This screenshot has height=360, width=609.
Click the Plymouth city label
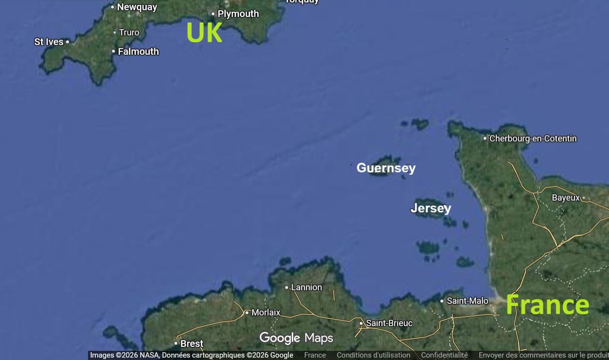(x=238, y=14)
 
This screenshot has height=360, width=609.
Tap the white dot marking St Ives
(x=67, y=42)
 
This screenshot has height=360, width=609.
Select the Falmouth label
(x=138, y=51)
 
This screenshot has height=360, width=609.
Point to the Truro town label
(x=129, y=32)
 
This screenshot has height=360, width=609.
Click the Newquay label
(x=137, y=7)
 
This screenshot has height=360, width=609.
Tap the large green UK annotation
(x=204, y=33)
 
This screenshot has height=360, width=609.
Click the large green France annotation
(x=547, y=305)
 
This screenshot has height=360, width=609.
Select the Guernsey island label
(x=386, y=168)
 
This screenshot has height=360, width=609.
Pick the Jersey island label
(x=431, y=208)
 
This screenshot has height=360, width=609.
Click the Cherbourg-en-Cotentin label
(x=533, y=139)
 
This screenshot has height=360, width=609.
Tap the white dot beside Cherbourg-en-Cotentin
(x=485, y=138)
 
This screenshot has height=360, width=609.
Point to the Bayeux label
(x=565, y=198)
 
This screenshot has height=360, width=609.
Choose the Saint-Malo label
(x=467, y=301)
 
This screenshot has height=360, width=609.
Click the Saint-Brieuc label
(x=389, y=323)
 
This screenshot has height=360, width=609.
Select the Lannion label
(x=306, y=287)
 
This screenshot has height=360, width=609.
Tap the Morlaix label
(x=266, y=313)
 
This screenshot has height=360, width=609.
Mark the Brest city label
(x=192, y=344)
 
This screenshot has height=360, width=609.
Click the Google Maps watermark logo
(x=296, y=338)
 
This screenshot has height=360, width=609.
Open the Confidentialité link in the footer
(x=444, y=355)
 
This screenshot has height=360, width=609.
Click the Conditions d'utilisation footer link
(x=373, y=355)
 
